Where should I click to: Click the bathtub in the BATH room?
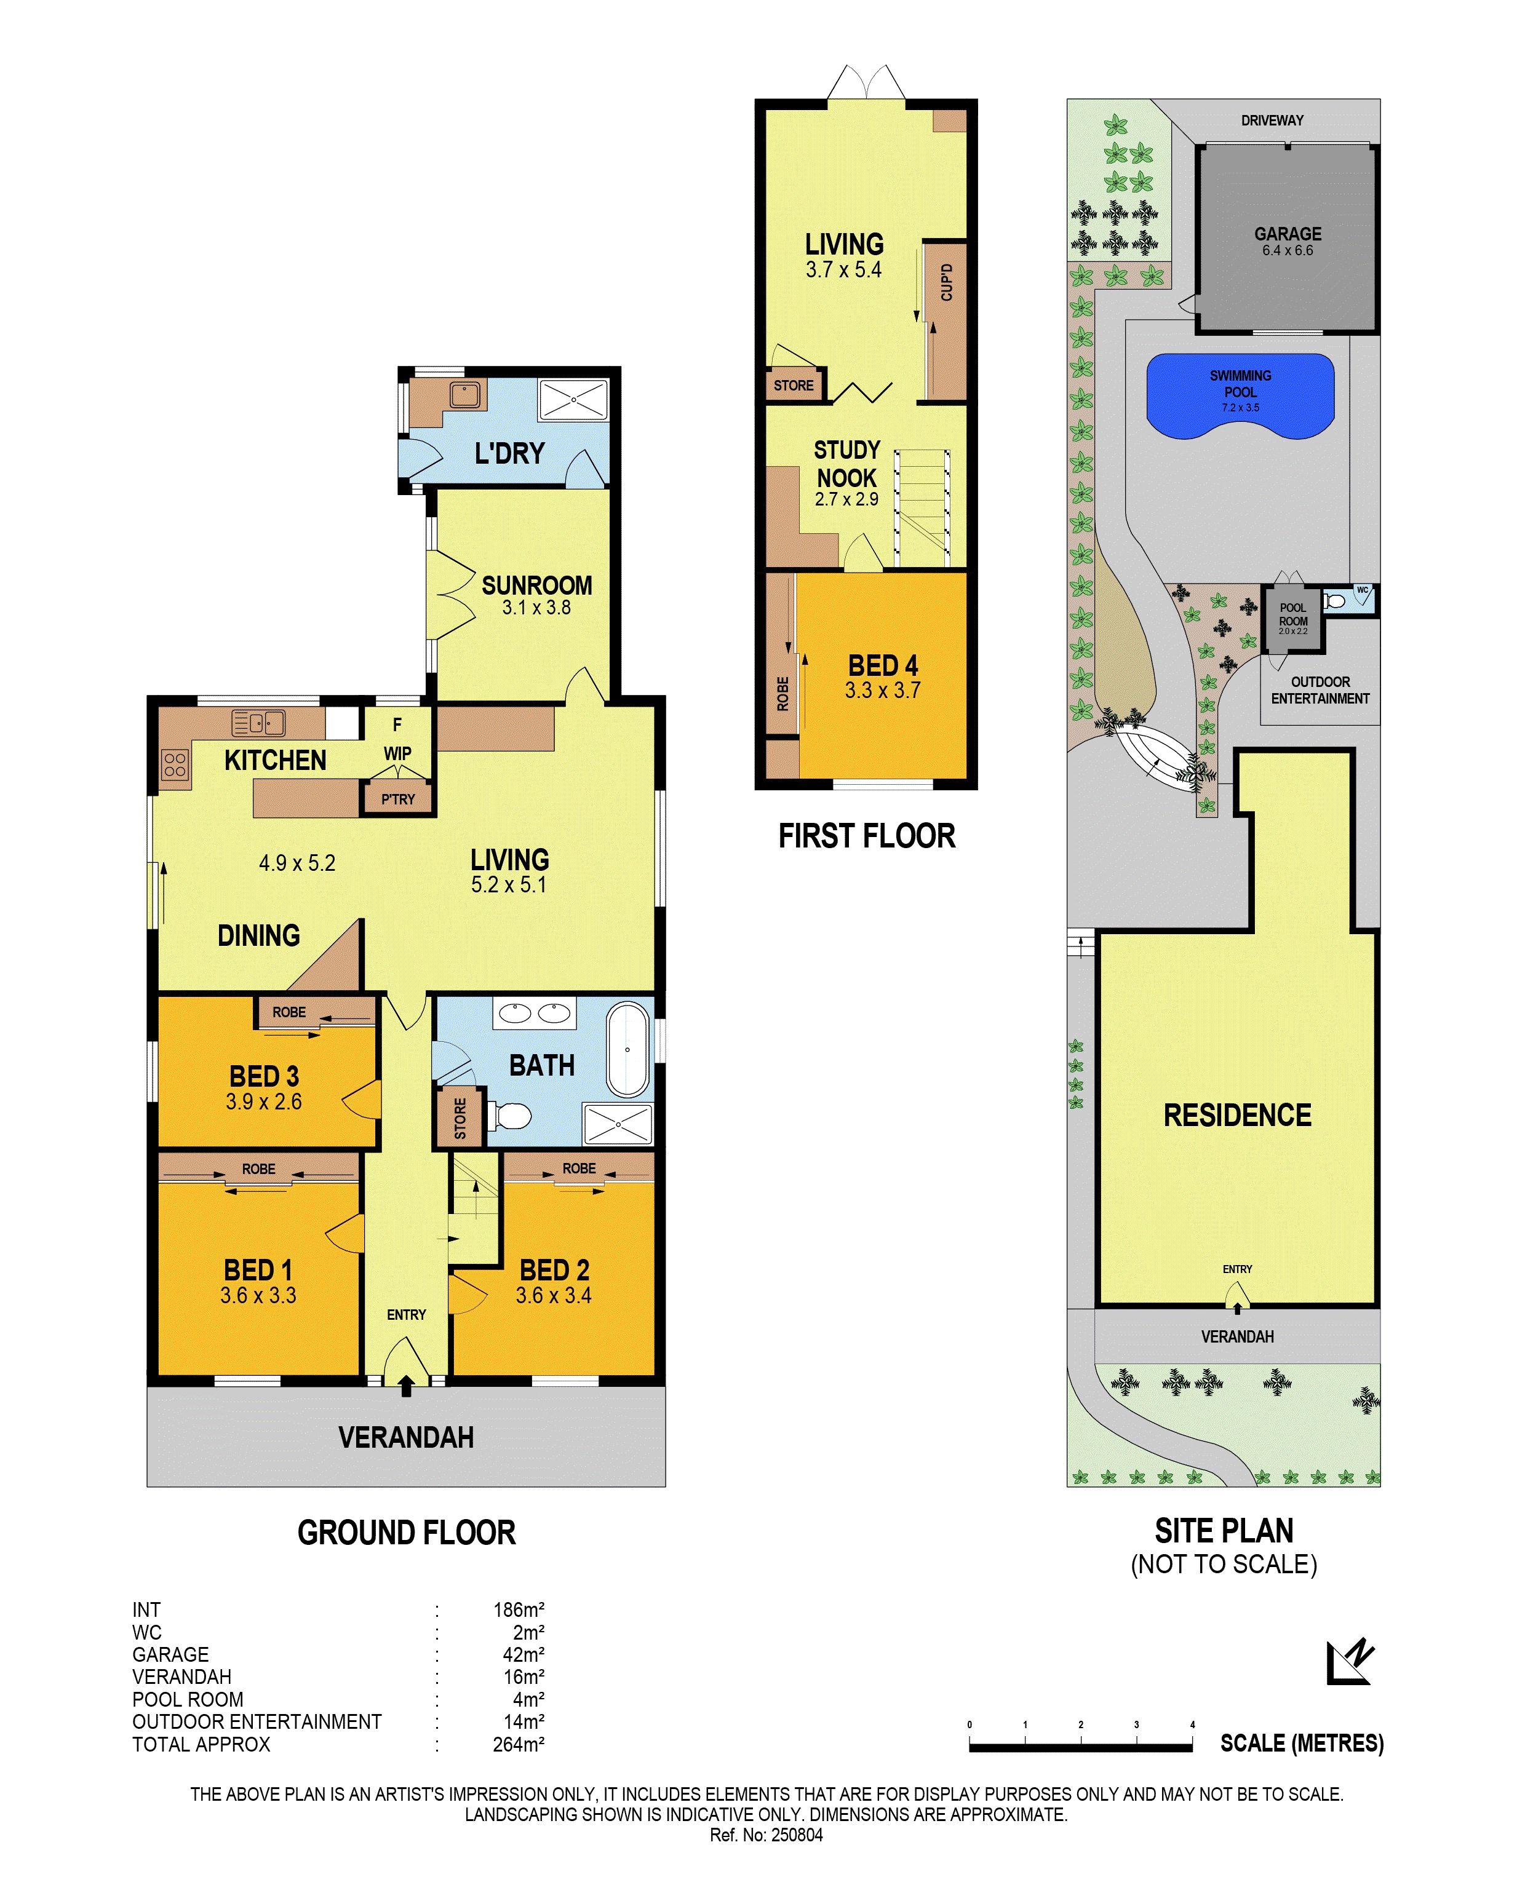[x=627, y=1049]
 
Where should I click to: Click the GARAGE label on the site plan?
[x=1288, y=234]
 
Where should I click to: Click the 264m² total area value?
[x=519, y=1744]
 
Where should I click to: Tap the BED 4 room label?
[x=883, y=665]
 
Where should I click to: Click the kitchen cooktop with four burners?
[x=175, y=764]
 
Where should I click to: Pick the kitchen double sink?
[x=258, y=723]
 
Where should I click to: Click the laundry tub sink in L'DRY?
[x=465, y=394]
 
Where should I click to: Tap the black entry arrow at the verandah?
[x=406, y=1386]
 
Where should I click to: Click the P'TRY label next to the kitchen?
[x=398, y=799]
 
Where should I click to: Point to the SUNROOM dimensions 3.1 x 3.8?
[x=536, y=608]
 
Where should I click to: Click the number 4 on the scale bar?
[x=1192, y=1724]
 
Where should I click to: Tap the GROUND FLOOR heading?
[x=406, y=1533]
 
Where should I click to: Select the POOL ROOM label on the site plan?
[x=1293, y=614]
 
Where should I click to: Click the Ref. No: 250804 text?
[x=766, y=1835]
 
